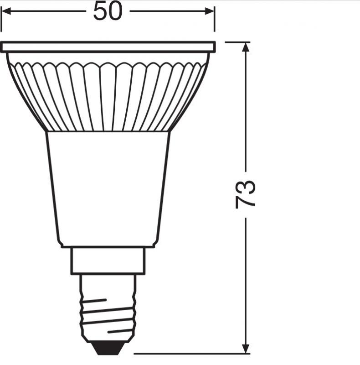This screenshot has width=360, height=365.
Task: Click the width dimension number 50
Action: tap(108, 11)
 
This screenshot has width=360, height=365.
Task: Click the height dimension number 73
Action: tap(246, 194)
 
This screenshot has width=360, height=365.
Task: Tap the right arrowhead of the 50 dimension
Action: tap(211, 11)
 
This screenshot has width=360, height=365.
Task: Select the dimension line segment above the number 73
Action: tap(246, 109)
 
